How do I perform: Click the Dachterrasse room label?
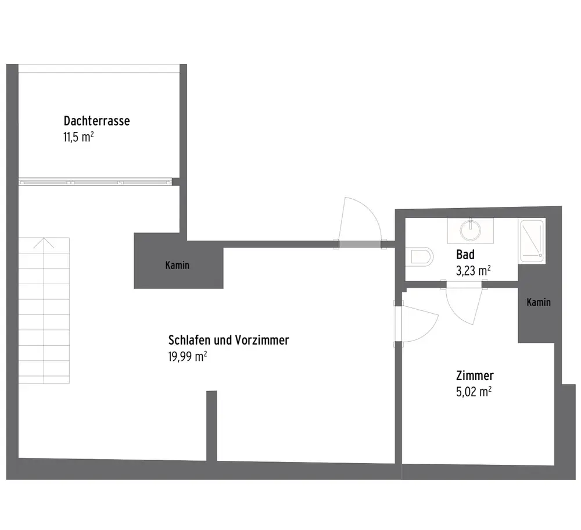click(x=96, y=121)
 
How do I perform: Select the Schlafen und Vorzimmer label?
click(x=228, y=340)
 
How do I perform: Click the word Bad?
click(x=465, y=255)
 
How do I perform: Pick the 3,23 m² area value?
click(x=474, y=270)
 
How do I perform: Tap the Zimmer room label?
click(x=475, y=376)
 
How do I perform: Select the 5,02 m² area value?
click(x=474, y=392)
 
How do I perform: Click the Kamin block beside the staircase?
click(x=178, y=266)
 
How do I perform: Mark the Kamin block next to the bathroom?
click(x=539, y=314)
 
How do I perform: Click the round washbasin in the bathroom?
click(x=470, y=230)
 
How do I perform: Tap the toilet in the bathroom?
click(x=421, y=256)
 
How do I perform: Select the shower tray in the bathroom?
click(x=532, y=239)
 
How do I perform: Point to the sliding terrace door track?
click(x=96, y=182)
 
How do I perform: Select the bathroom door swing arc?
click(x=465, y=305)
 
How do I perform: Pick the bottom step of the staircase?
click(x=44, y=376)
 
